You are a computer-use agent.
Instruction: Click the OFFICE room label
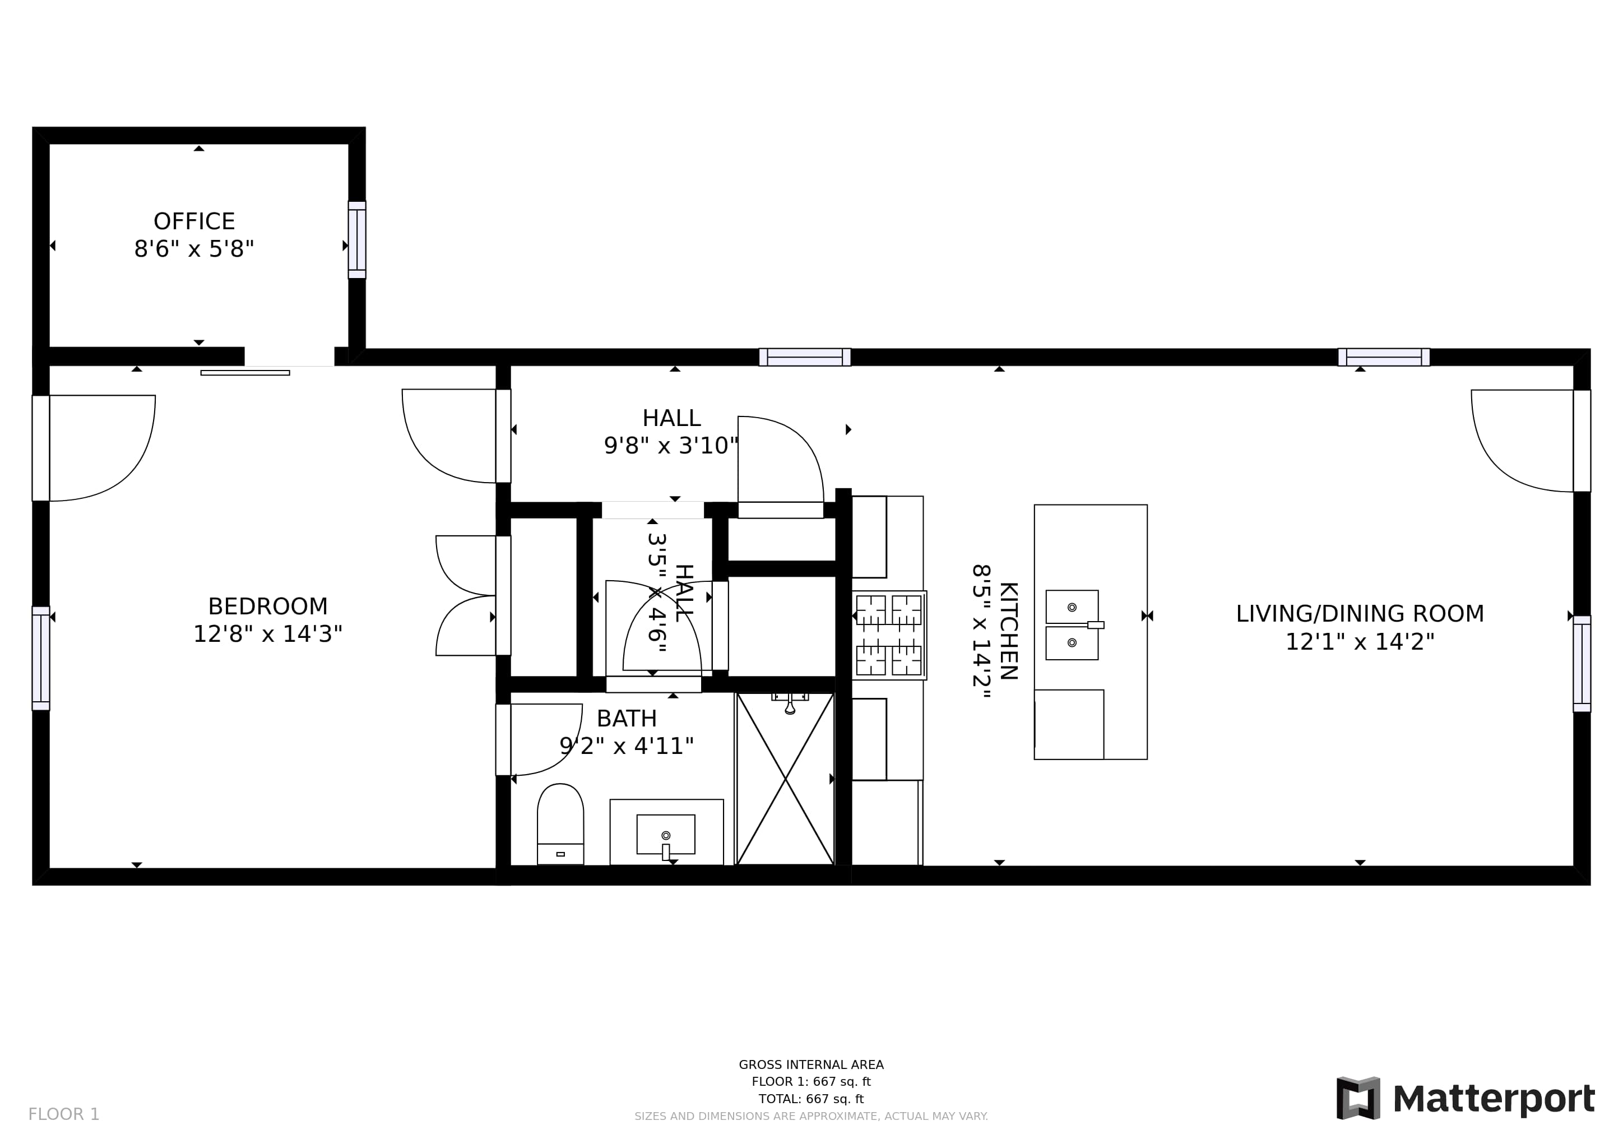pos(194,221)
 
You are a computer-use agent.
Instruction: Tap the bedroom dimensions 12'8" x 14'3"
pos(268,634)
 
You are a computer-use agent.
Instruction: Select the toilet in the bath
pos(560,823)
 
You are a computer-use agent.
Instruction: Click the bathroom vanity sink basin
pos(666,835)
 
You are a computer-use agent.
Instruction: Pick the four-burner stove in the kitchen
pos(889,636)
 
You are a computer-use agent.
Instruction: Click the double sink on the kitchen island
pos(1072,625)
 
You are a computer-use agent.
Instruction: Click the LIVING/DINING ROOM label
pos(1360,614)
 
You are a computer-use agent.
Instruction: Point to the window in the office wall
pos(357,240)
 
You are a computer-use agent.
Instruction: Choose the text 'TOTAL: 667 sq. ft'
pos(811,1099)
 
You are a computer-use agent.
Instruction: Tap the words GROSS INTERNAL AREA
pos(811,1064)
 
